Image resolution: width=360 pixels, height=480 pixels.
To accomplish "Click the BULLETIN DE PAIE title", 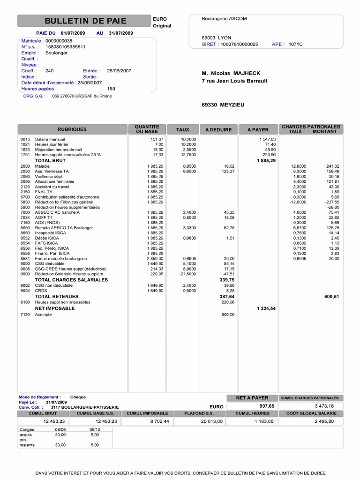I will pos(85,21).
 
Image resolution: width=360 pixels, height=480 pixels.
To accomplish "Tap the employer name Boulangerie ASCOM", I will pos(224,19).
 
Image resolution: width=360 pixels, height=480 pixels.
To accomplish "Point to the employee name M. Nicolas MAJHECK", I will pos(231,73).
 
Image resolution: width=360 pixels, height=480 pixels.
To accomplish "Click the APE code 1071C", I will pos(295,44).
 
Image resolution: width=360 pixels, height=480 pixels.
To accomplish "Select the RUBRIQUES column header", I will pos(72,129).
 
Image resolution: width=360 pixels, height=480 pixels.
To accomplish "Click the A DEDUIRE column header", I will pos(218,129).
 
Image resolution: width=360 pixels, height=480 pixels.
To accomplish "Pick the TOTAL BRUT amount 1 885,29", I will pos(266,160).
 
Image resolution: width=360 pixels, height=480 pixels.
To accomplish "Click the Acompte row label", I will pos(44,315).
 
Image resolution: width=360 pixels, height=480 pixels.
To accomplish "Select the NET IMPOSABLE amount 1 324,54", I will pos(266,309).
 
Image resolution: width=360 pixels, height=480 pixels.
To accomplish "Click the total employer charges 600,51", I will pos(331,296).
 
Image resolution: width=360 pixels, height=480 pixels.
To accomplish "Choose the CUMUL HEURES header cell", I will pos(252,413).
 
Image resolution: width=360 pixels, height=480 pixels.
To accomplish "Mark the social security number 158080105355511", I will pos(65,47).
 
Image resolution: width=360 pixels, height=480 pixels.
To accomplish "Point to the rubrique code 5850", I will pos(25,202).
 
